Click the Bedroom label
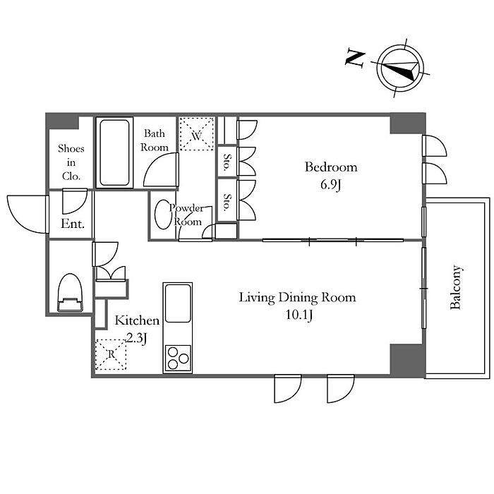pos(331,167)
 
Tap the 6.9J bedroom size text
pos(331,185)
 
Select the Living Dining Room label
pos(297,298)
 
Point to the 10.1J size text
pos(299,315)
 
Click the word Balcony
pos(456,287)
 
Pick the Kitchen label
pos(137,320)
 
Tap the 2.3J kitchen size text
pos(137,338)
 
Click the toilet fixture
pos(71,293)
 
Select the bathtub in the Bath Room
pos(114,153)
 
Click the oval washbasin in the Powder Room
pos(162,215)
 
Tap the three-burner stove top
pos(178,359)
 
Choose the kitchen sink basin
pos(178,303)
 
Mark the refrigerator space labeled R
pos(111,354)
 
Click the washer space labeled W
pos(197,134)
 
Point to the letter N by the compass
pos(355,58)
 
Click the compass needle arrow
pos(400,71)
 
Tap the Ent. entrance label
pos(73,224)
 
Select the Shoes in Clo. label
pos(71,162)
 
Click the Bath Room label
pos(155,140)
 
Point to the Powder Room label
pos(187,215)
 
